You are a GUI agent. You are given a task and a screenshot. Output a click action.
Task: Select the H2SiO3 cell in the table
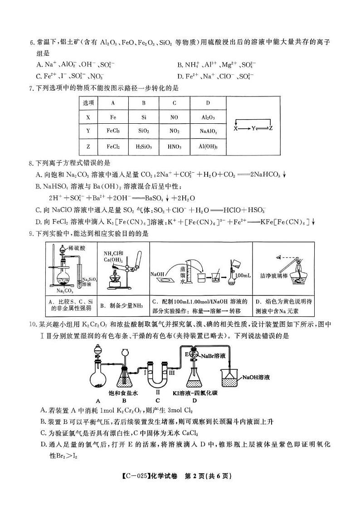(143, 146)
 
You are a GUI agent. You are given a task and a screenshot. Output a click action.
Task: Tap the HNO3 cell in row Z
(174, 146)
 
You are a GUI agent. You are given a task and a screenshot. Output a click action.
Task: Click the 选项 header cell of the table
(88, 103)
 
